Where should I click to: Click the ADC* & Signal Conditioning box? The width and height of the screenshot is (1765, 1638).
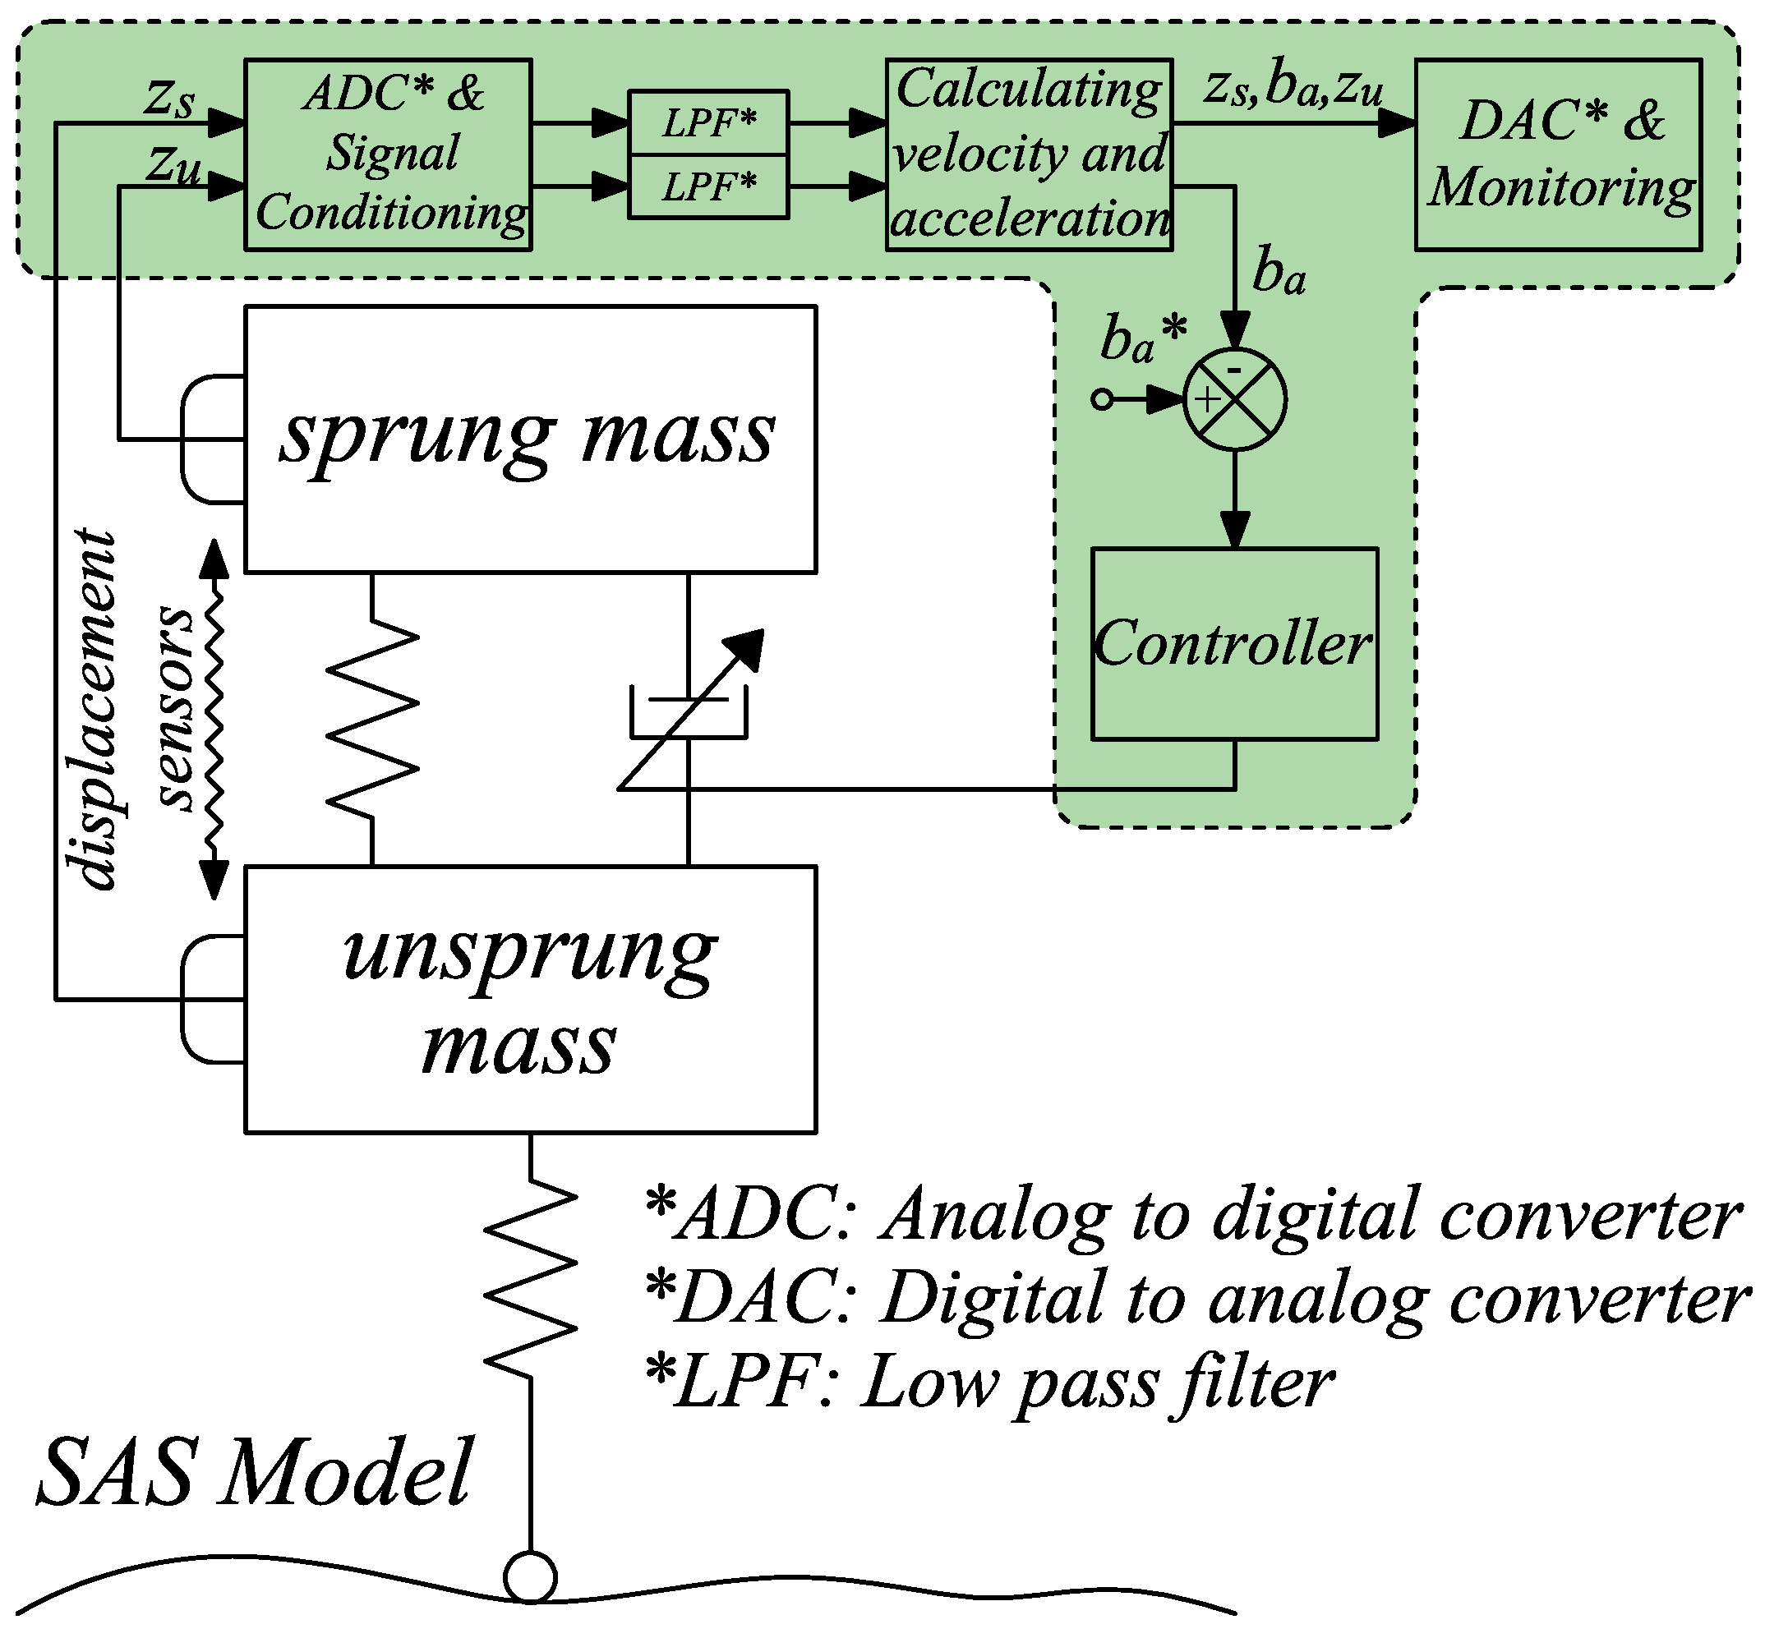pyautogui.click(x=387, y=155)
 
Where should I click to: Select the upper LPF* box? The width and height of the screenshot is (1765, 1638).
pyautogui.click(x=707, y=123)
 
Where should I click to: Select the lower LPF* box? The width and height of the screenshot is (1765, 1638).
pyautogui.click(x=707, y=187)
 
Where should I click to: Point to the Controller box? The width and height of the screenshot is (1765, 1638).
pyautogui.click(x=1234, y=643)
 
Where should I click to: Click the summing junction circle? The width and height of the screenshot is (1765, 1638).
pyautogui.click(x=1235, y=400)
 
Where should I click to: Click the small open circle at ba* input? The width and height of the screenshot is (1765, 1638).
pyautogui.click(x=1102, y=400)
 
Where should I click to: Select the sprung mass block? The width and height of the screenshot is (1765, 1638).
pyautogui.click(x=530, y=439)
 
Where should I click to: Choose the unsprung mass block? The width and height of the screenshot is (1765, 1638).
pyautogui.click(x=530, y=999)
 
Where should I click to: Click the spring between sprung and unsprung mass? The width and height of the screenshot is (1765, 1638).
pyautogui.click(x=372, y=720)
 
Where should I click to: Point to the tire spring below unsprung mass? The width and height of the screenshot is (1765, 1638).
pyautogui.click(x=531, y=1277)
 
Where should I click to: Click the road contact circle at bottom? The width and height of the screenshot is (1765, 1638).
pyautogui.click(x=530, y=1578)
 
